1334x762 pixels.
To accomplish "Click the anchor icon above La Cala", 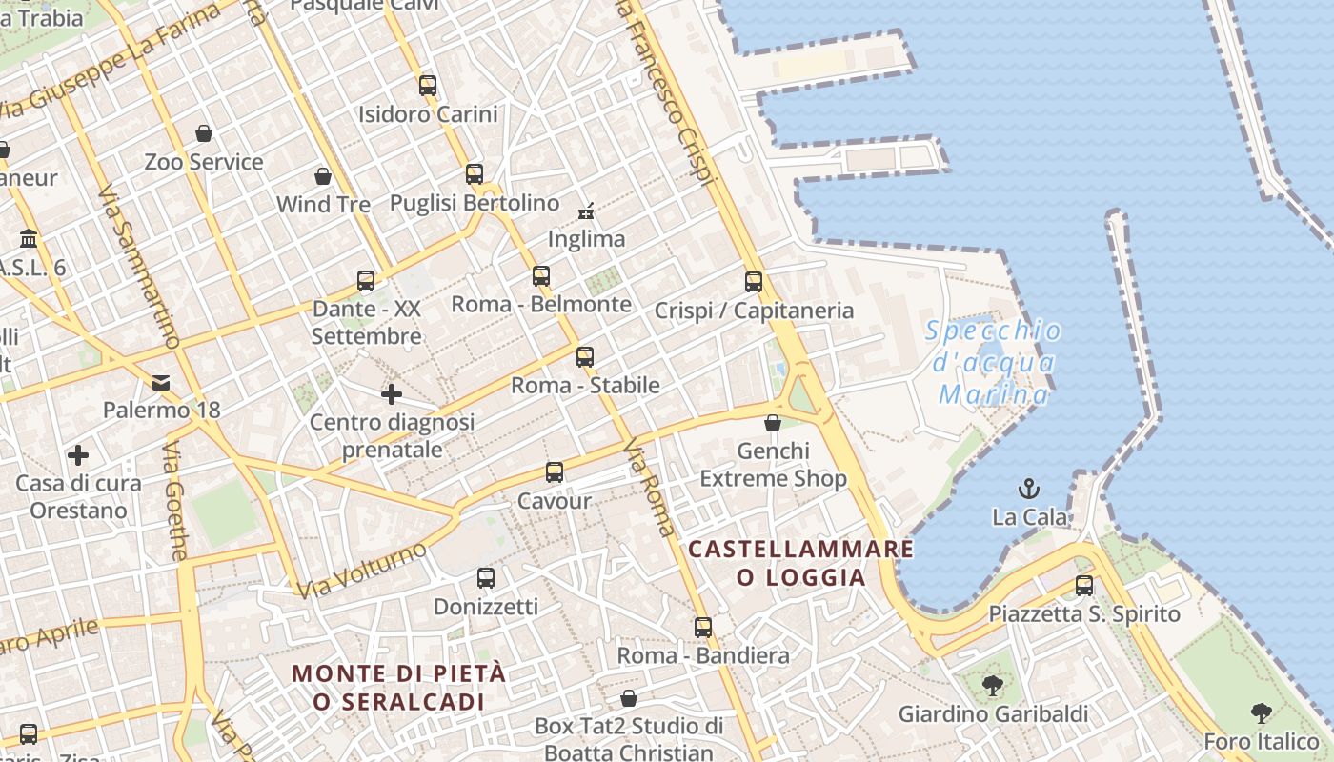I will pos(1028,490).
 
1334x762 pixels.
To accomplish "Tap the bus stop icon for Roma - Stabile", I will pos(585,357).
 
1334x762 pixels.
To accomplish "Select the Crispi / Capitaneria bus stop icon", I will pos(754,282).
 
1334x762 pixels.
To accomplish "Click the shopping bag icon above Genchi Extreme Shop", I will pos(773,423).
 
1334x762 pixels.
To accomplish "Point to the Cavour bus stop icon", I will pos(555,472).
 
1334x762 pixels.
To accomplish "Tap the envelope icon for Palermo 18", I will pos(161,383).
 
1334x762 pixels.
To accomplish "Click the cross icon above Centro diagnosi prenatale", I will pos(392,394).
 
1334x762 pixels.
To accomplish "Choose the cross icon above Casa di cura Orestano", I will pos(78,455).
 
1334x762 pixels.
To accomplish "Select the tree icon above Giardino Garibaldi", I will pos(993,685).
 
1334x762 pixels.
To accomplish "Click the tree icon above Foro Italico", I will pos(1262,712).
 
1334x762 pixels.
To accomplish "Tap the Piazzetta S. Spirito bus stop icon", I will pos(1084,586).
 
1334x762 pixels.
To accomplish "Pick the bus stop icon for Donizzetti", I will pos(486,578).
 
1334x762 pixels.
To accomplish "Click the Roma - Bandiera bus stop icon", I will pos(703,628).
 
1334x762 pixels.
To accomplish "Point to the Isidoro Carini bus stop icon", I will pos(428,86).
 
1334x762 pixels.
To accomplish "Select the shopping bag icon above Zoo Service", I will pos(204,133).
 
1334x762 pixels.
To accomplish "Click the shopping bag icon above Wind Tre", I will pos(323,176).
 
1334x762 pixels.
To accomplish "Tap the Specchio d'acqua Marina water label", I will pos(994,362).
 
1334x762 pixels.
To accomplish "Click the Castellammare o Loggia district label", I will pos(800,563).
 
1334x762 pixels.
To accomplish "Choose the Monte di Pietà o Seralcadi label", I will pos(398,687).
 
